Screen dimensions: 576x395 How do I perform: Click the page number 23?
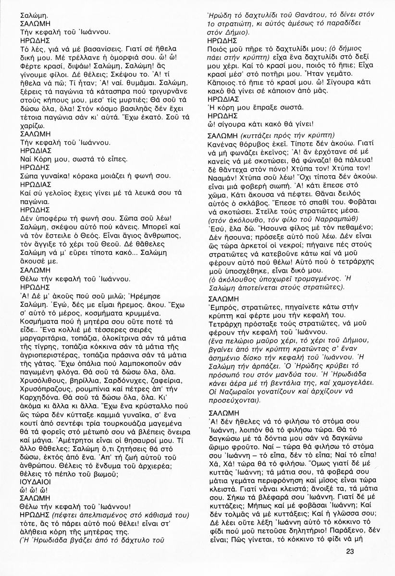(349, 551)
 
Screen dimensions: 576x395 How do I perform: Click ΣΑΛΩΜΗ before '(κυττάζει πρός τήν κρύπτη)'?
(222, 136)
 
